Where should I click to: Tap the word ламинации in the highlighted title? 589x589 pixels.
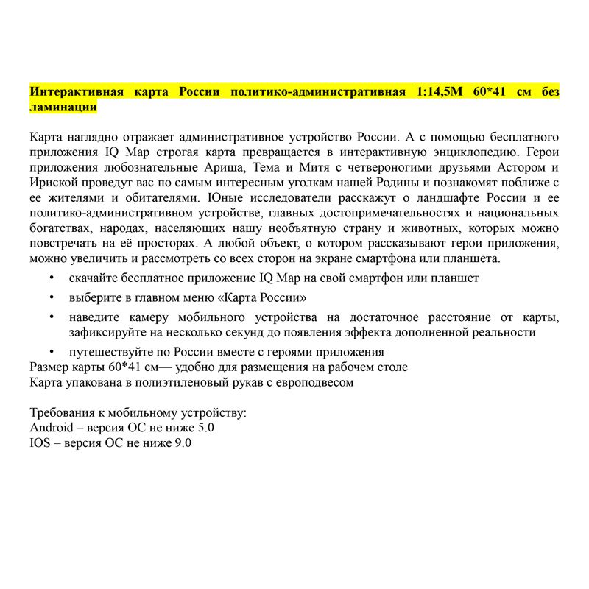coord(63,107)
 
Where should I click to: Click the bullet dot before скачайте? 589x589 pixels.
coord(51,278)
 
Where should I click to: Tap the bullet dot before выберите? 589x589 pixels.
coord(51,297)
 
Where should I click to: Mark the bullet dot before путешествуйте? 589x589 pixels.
coord(51,351)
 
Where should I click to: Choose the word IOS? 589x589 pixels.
coord(40,442)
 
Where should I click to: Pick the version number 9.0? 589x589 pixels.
coord(183,442)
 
